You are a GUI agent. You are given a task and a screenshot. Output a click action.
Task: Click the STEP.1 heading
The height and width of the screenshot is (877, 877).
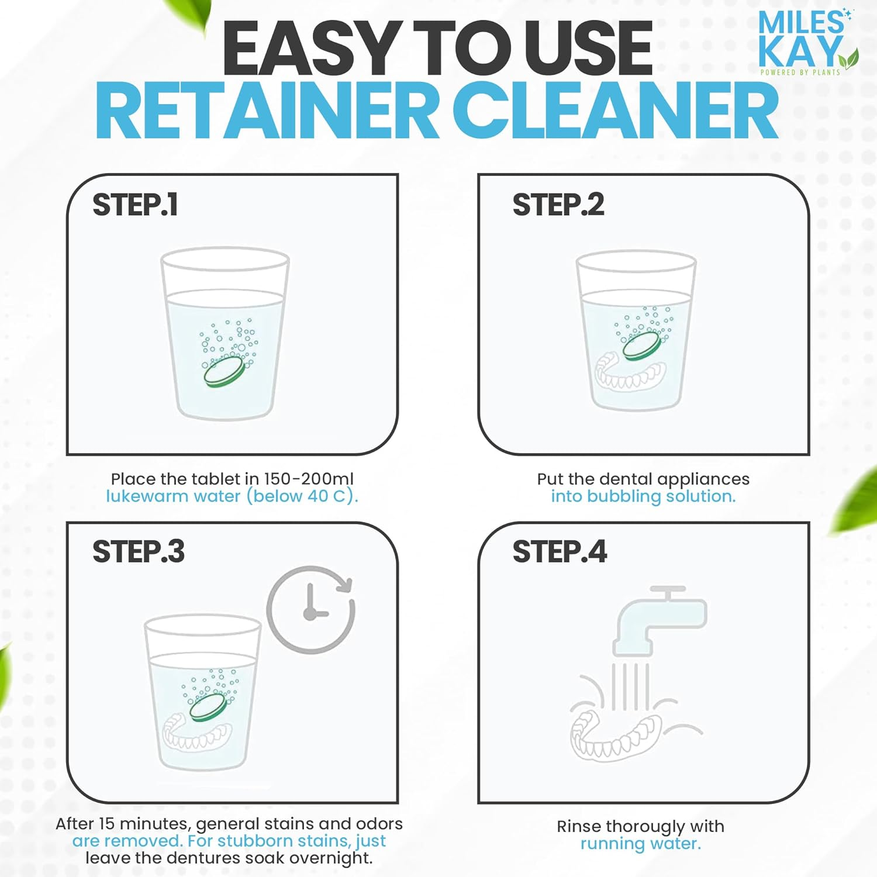point(135,205)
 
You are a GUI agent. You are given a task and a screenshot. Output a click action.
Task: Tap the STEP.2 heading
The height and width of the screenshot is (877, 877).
point(558,205)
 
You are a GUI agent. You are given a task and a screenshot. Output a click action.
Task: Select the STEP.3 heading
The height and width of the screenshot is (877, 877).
point(138,552)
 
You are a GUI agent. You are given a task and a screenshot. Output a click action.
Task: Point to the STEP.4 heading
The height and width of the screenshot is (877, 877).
point(560,552)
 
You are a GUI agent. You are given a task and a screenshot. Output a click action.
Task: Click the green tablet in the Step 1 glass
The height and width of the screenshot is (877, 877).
point(223,372)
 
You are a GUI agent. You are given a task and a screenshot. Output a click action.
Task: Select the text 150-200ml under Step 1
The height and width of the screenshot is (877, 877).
point(309,479)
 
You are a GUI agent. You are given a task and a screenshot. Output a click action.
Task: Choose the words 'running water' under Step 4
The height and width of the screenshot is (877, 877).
point(640,844)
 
